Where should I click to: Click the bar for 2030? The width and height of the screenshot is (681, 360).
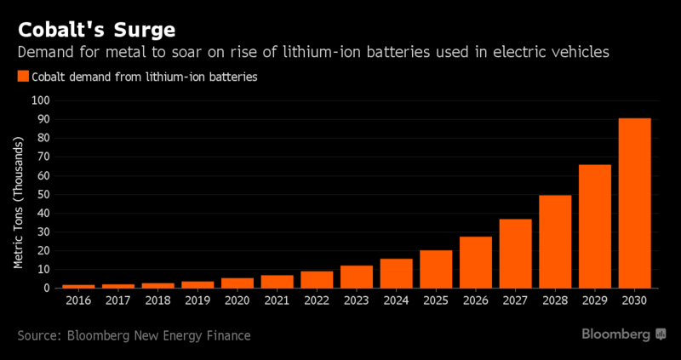pos(634,203)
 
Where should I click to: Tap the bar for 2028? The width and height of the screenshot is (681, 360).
pos(555,242)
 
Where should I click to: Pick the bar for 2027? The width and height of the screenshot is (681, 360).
pos(515,254)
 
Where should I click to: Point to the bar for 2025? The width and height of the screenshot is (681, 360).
pos(436,269)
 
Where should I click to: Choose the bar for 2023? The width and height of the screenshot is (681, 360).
pos(357,277)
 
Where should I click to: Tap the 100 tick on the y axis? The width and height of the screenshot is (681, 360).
pos(42,100)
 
